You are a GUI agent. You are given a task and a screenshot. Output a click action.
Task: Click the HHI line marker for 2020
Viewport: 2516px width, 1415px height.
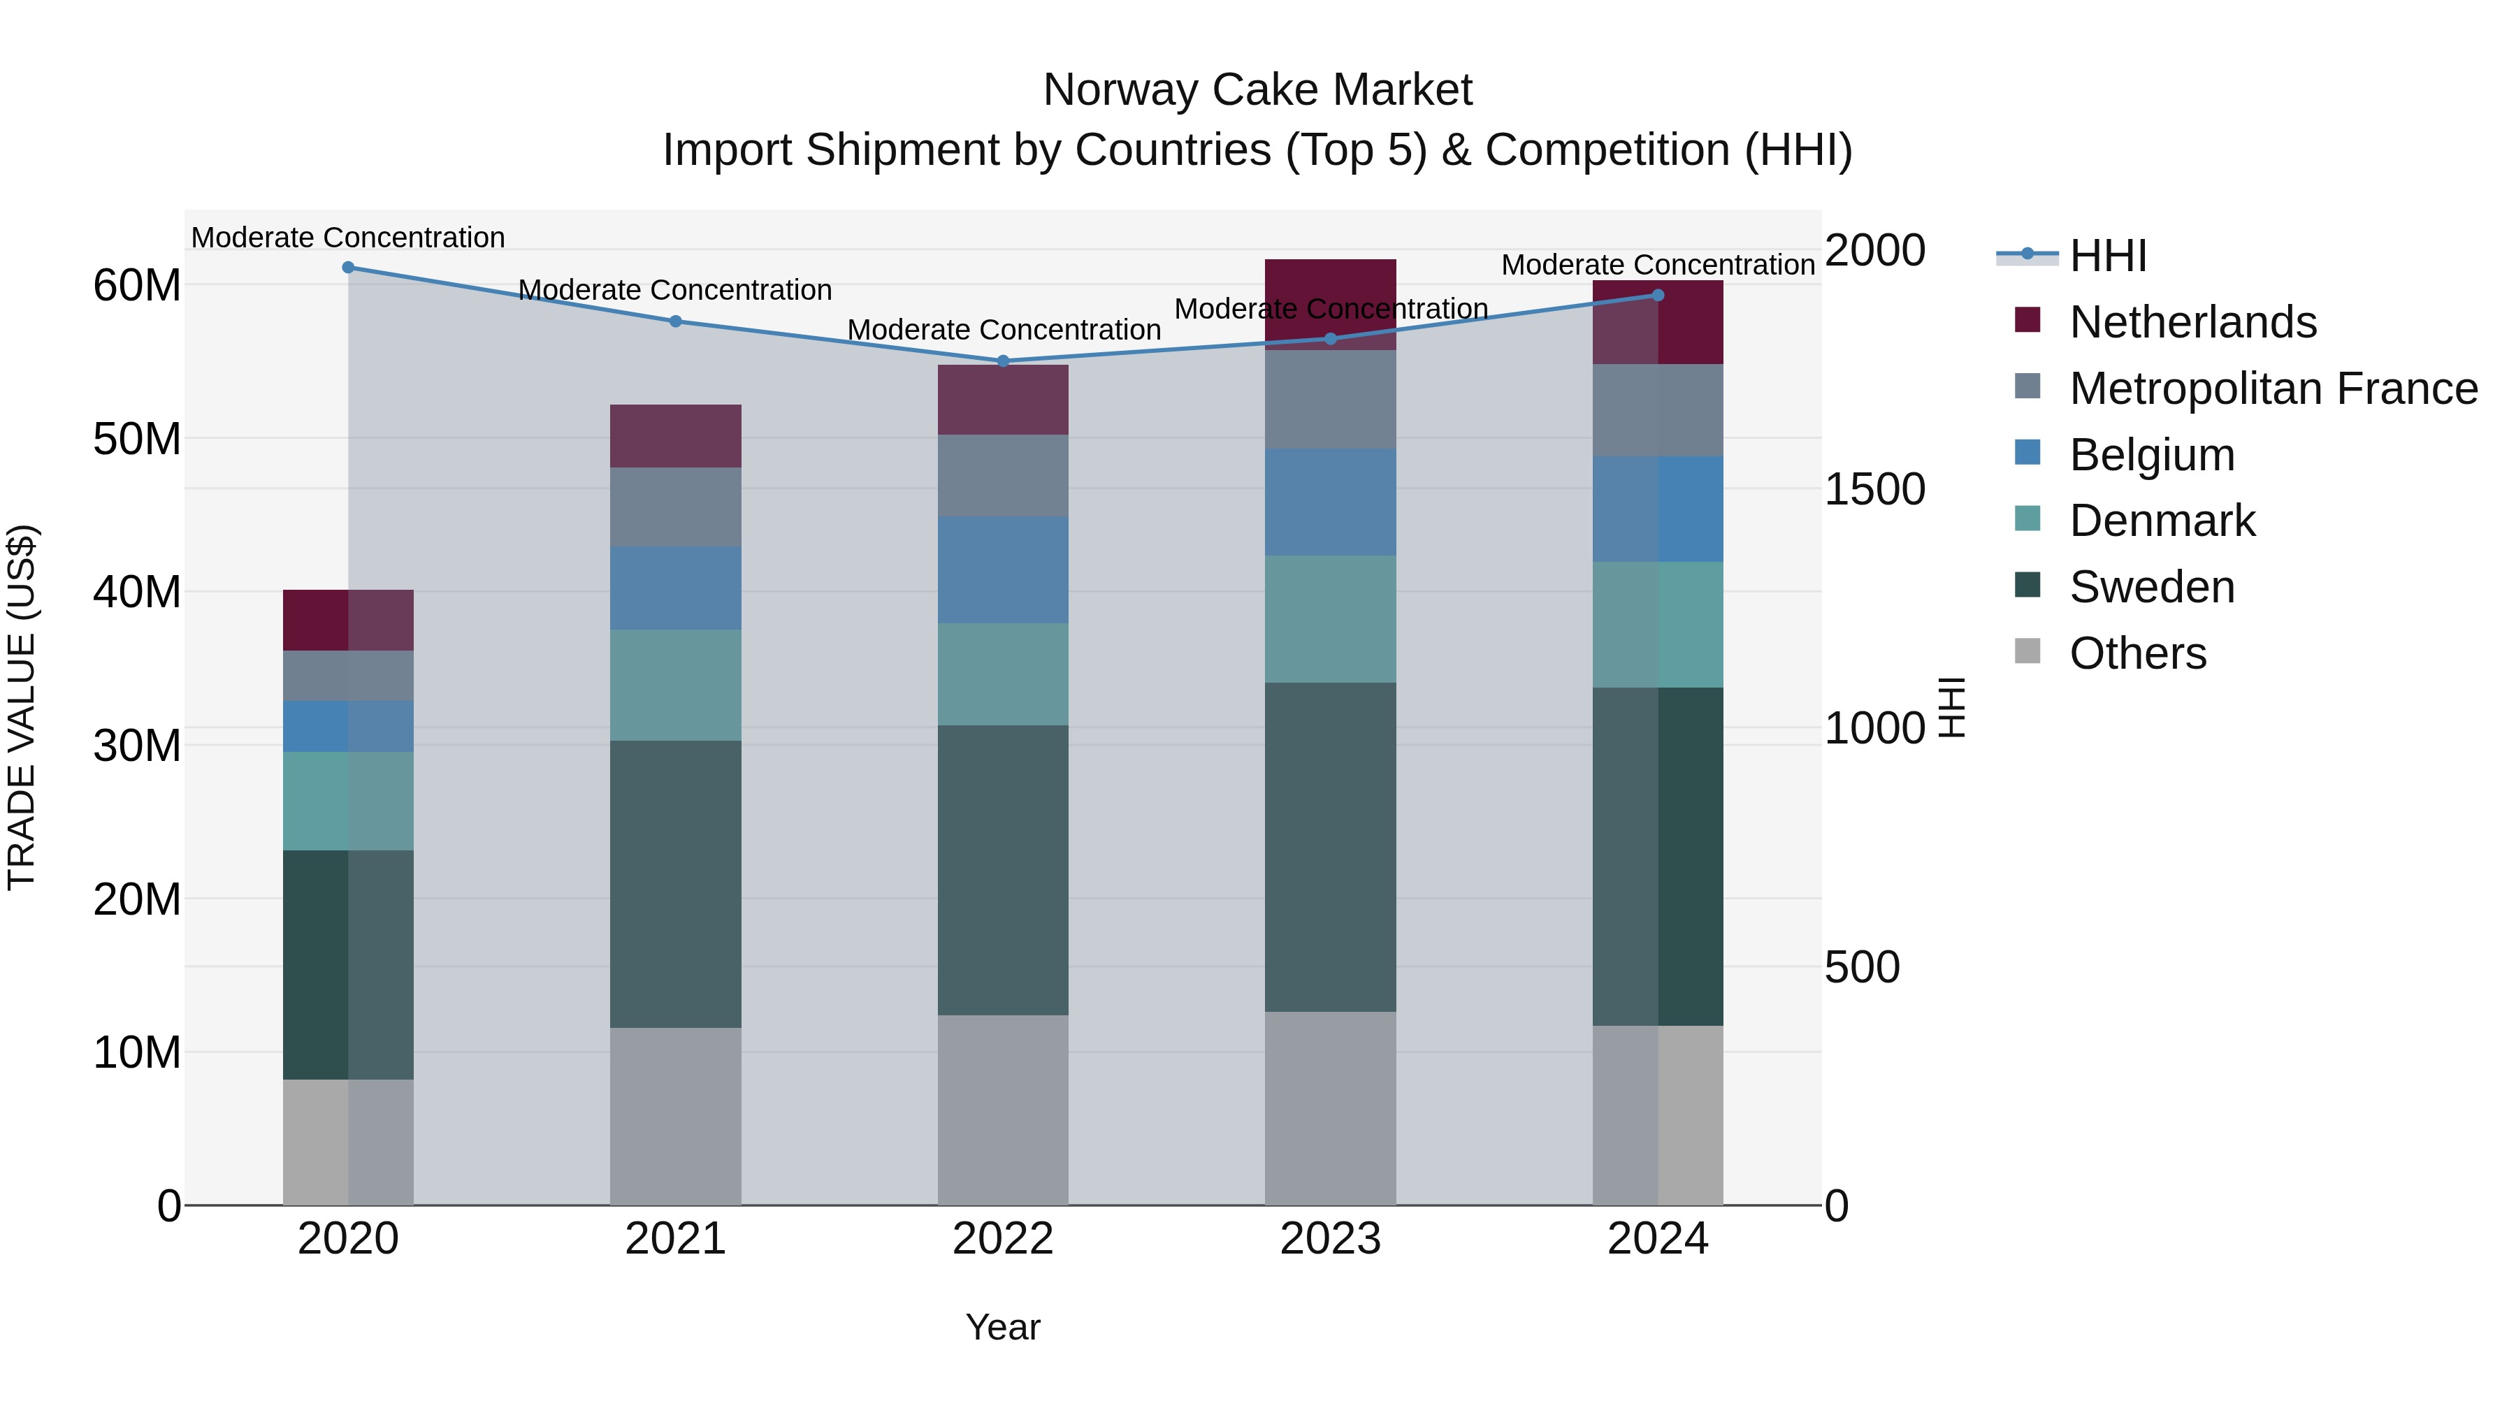(348, 268)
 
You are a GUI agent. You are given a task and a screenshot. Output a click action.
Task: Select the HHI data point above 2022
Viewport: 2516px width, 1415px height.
(1003, 361)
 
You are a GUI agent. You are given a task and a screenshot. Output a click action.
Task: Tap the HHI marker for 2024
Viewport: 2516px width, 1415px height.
(1658, 295)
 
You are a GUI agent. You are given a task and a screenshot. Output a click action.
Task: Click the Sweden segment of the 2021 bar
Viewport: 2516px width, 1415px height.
(675, 884)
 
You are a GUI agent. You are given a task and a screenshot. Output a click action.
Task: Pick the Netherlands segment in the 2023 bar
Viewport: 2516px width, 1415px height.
(1330, 304)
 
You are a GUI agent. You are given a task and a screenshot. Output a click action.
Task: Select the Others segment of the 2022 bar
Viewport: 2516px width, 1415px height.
(1003, 1110)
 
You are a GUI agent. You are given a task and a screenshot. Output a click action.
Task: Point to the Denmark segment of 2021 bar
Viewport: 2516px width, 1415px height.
(675, 685)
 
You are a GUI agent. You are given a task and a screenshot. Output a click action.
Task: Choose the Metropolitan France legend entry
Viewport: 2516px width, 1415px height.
(2273, 389)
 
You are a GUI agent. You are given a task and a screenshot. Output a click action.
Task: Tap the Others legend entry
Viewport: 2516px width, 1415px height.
(2137, 653)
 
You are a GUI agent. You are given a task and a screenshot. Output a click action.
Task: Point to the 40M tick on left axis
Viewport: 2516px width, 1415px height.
(137, 593)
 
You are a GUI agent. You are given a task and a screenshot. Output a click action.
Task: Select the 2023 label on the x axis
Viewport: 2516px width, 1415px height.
(1330, 1239)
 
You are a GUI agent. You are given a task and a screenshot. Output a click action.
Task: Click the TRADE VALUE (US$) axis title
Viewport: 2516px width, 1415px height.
(22, 708)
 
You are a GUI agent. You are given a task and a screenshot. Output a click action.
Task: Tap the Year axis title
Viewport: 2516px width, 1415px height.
(1003, 1327)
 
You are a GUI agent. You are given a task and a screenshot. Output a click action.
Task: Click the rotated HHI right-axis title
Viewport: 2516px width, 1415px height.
(1951, 708)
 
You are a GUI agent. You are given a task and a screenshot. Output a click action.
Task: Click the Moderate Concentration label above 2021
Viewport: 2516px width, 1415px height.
(675, 290)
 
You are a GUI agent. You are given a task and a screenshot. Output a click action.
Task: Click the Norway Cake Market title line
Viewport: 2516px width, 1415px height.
(1257, 90)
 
